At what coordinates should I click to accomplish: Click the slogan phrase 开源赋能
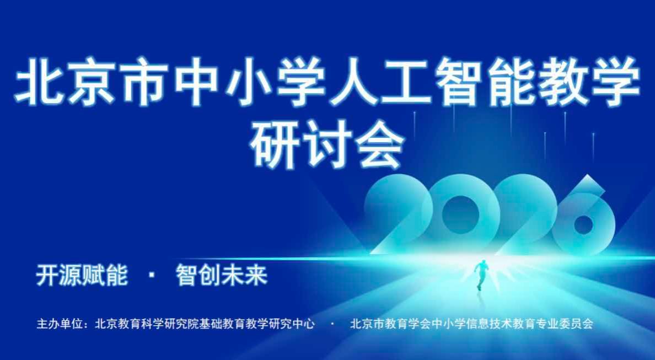point(82,275)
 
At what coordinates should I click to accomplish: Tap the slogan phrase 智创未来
point(222,275)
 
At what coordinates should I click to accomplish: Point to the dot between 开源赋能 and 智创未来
point(152,276)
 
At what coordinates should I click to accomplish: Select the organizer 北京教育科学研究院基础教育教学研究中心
point(205,324)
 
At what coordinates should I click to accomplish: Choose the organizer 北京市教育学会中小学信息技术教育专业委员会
point(471,324)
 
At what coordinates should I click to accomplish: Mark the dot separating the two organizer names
point(332,324)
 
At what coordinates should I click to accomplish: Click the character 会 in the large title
point(379,144)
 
